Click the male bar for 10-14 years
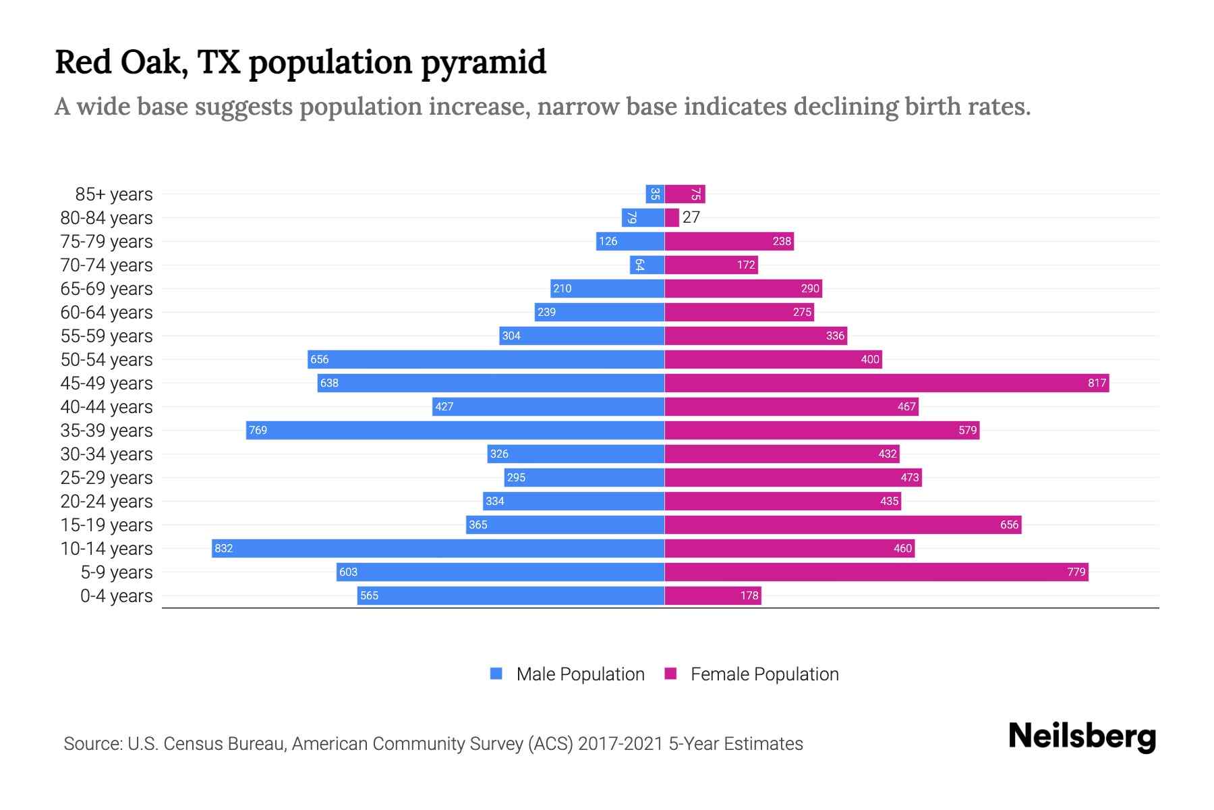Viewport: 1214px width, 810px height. click(x=438, y=548)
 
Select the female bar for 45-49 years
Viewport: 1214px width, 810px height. click(x=886, y=383)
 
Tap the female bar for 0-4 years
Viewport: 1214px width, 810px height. click(x=713, y=595)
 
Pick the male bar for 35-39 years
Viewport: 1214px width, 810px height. click(x=455, y=430)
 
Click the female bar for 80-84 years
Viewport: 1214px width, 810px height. click(x=672, y=217)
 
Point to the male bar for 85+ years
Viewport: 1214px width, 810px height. click(x=655, y=194)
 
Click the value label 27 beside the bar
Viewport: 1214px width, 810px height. click(x=691, y=217)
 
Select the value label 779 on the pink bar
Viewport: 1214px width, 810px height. click(x=1076, y=572)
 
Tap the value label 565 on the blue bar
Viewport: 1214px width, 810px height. click(x=369, y=595)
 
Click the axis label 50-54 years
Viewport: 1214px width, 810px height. click(x=107, y=360)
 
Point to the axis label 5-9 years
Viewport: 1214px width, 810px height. click(x=117, y=572)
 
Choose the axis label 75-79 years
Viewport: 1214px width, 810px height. click(x=107, y=242)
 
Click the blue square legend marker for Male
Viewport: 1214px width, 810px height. click(x=496, y=674)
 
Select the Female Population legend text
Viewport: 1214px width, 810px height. click(x=764, y=674)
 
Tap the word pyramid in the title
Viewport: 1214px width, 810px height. click(x=484, y=63)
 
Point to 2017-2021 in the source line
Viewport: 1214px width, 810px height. click(x=620, y=744)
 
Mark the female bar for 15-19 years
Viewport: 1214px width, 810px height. click(x=843, y=524)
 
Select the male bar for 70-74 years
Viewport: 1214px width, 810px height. click(x=647, y=265)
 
